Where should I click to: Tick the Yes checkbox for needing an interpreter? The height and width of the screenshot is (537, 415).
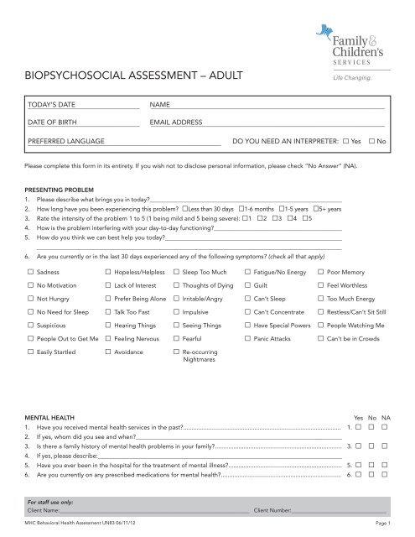[346, 142]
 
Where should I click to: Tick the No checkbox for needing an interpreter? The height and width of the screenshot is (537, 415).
[371, 142]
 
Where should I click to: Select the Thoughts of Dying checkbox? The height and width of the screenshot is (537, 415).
[175, 289]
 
